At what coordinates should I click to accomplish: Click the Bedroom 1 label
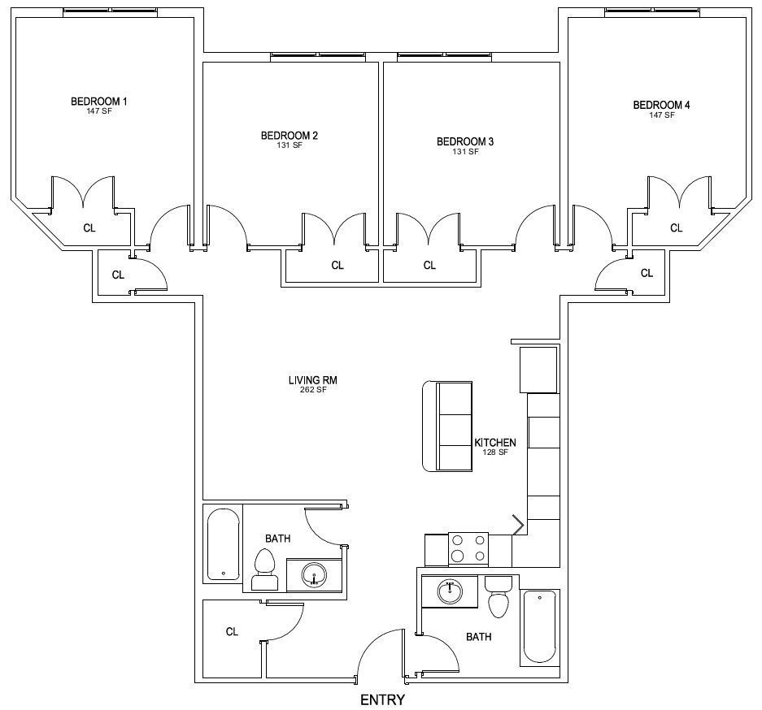click(99, 102)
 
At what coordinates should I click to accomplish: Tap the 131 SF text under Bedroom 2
click(290, 145)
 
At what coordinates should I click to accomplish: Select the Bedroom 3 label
click(465, 141)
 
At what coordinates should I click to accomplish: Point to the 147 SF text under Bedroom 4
click(662, 115)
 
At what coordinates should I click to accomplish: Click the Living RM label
click(312, 380)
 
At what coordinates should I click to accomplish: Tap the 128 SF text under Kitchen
click(495, 452)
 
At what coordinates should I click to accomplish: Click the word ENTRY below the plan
click(382, 699)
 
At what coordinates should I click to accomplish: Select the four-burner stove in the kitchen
click(468, 550)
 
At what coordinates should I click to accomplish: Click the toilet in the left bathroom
click(265, 569)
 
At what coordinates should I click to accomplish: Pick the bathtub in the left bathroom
click(224, 544)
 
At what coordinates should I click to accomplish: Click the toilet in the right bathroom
click(499, 597)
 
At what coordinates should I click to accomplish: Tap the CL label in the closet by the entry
click(232, 631)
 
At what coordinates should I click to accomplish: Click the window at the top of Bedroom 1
click(111, 10)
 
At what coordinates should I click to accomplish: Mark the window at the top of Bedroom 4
click(652, 10)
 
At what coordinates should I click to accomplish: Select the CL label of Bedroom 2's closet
click(337, 265)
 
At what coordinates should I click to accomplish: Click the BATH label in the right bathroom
click(479, 637)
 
